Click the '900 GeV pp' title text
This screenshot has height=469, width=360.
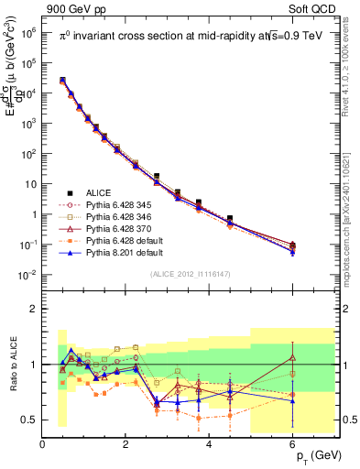(x=73, y=8)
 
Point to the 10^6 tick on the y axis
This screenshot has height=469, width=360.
(x=29, y=32)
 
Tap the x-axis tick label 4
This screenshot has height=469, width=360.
(x=210, y=444)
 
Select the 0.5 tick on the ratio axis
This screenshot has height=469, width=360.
(x=29, y=420)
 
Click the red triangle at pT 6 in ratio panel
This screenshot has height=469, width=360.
(x=293, y=357)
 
